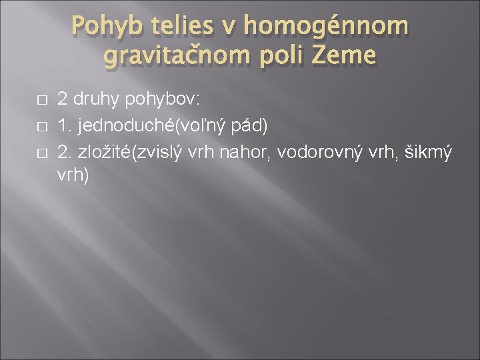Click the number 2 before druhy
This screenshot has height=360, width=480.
(x=62, y=100)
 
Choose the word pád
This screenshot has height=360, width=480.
(x=230, y=126)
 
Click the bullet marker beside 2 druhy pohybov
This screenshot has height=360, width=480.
(x=41, y=101)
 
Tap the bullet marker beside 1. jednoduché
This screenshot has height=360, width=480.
(x=41, y=127)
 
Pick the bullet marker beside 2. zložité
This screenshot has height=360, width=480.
(x=41, y=153)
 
